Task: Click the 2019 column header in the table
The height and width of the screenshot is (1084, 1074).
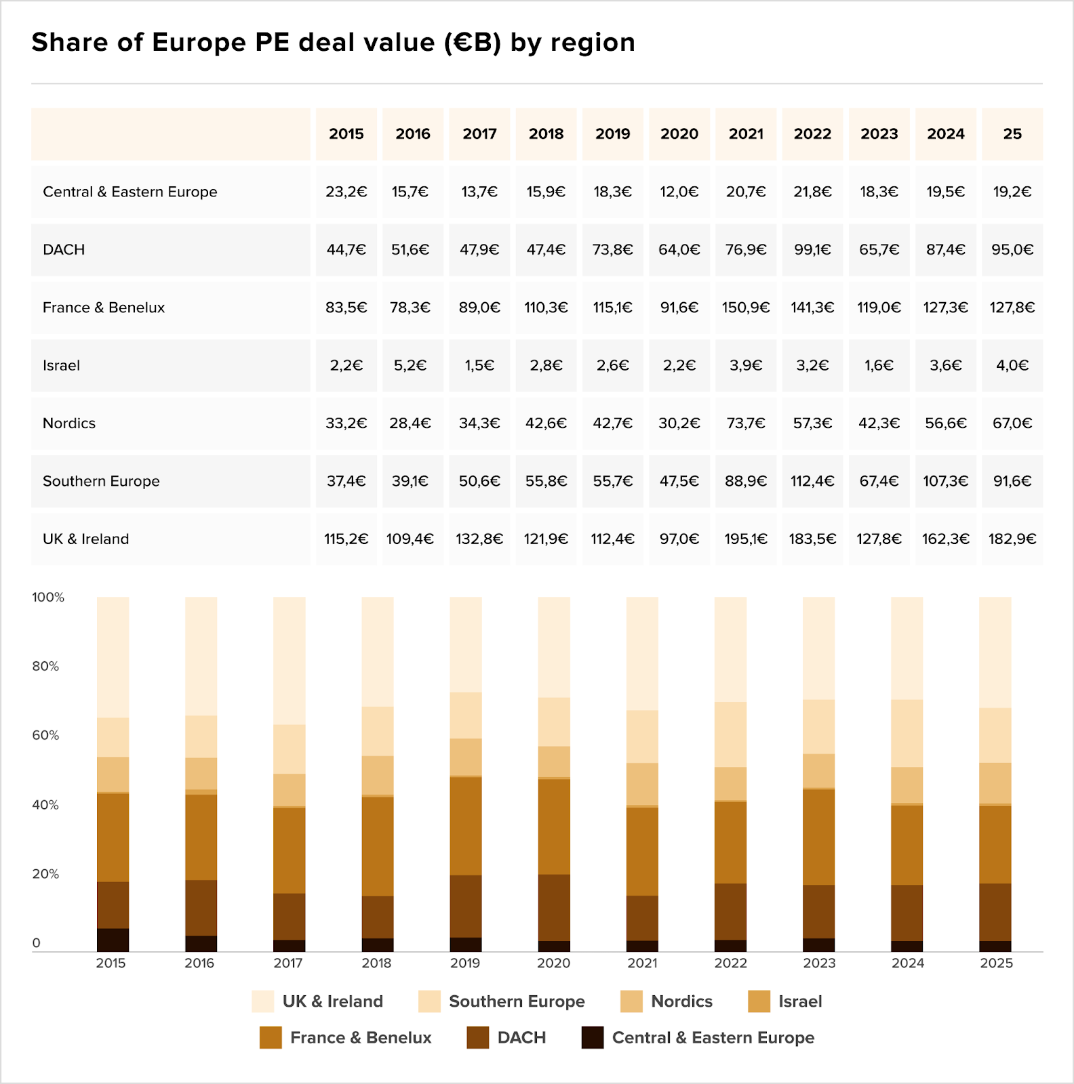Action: point(613,133)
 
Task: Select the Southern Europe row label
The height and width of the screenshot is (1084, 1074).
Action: point(101,481)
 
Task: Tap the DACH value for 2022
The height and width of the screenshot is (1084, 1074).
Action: point(812,249)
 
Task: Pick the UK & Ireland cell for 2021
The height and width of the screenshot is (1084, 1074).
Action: point(746,539)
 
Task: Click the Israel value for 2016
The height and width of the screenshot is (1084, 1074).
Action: point(410,365)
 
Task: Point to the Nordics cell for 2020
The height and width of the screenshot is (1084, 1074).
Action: point(679,423)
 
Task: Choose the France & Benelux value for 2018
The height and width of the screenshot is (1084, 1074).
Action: point(546,308)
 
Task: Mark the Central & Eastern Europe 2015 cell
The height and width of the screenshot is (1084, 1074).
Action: point(346,192)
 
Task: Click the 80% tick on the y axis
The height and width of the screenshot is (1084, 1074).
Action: point(45,666)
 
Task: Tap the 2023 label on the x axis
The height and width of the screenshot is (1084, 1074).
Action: point(819,963)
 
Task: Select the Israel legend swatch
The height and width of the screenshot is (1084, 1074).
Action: point(759,1001)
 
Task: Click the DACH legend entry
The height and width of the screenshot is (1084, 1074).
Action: point(506,1037)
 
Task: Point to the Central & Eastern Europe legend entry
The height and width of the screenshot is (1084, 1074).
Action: point(698,1037)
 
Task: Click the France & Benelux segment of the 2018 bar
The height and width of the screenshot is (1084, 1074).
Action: point(378,846)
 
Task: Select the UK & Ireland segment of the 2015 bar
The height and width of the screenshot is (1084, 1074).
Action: point(113,657)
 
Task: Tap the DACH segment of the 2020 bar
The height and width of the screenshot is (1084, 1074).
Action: point(554,908)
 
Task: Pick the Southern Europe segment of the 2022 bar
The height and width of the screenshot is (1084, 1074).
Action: point(730,734)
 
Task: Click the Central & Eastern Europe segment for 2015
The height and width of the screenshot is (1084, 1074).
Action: point(113,940)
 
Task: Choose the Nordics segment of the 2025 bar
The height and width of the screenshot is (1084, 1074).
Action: point(995,783)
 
